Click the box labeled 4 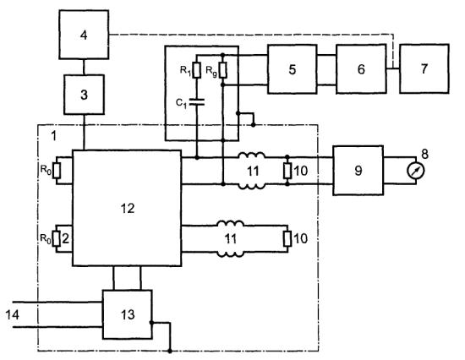pos(84,35)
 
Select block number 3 pos(84,95)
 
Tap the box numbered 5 pos(293,69)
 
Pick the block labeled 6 pos(361,69)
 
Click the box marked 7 pos(424,68)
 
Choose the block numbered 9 pos(358,171)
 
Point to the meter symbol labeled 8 pos(416,171)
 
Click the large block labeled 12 pos(127,208)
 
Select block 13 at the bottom pos(128,314)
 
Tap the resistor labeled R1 pos(197,70)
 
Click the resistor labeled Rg pos(223,70)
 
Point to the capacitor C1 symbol pos(197,102)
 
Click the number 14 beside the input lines pos(12,314)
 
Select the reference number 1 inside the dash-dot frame pos(53,136)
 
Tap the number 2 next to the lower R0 pos(66,238)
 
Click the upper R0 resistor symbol pos(57,171)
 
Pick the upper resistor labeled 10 pos(287,171)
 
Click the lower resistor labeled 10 pos(287,239)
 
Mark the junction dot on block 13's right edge pos(151,323)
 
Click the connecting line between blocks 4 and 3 pos(84,67)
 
